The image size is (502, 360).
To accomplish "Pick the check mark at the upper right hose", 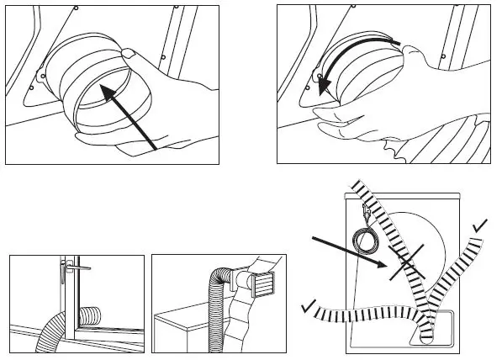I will (481, 225).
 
